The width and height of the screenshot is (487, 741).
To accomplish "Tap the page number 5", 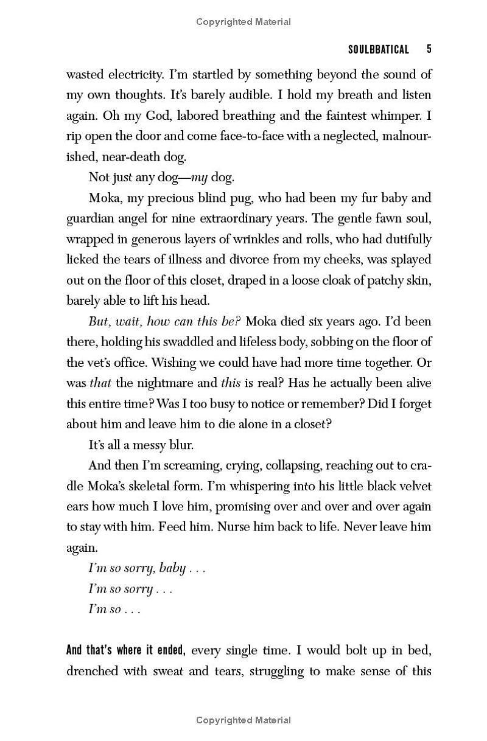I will coord(429,49).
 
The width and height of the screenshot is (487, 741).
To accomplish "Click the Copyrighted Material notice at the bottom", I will coord(243,720).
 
